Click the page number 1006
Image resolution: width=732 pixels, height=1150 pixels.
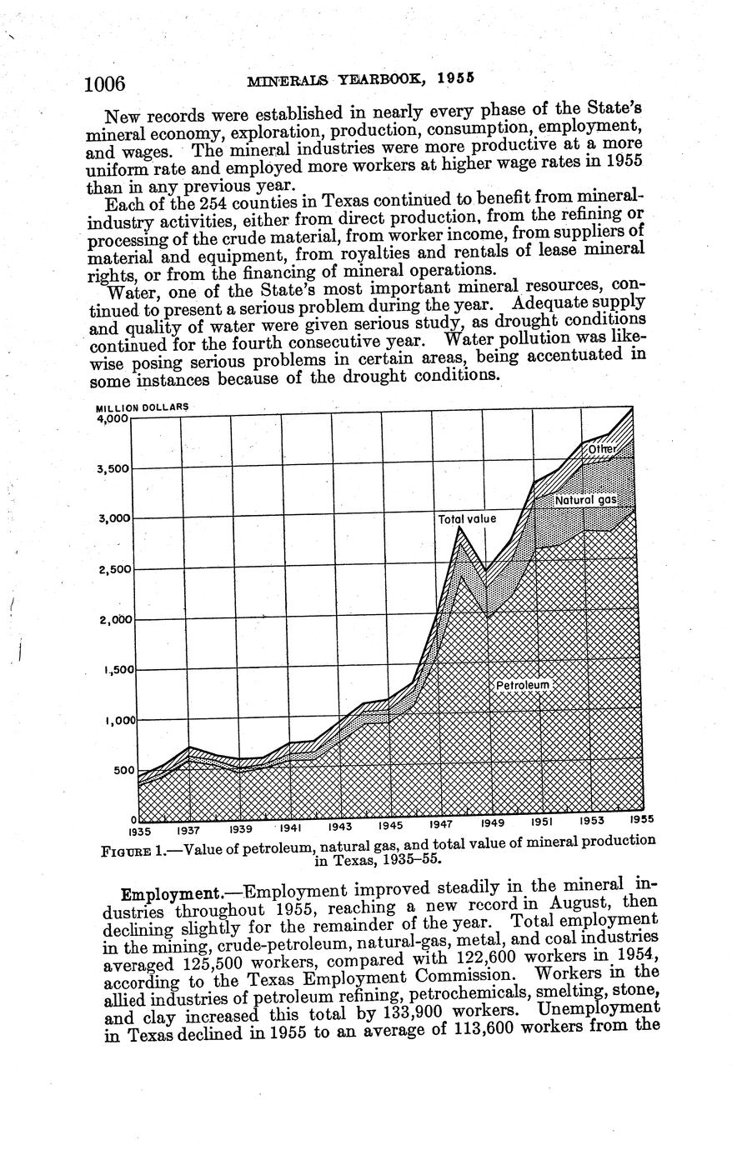point(105,83)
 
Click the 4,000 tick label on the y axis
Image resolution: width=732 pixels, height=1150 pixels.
point(113,418)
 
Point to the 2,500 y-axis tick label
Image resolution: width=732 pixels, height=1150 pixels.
point(113,569)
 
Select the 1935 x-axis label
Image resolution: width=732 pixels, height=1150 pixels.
point(139,831)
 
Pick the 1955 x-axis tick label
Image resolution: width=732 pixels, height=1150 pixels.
point(640,819)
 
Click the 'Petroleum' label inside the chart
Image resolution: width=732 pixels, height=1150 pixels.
point(524,685)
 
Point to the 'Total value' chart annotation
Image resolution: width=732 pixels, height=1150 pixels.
point(467,518)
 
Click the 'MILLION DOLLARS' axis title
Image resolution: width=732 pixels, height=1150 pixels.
point(143,407)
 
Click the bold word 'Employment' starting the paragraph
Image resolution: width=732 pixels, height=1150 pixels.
point(168,893)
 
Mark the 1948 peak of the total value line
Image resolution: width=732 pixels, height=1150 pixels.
point(459,527)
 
